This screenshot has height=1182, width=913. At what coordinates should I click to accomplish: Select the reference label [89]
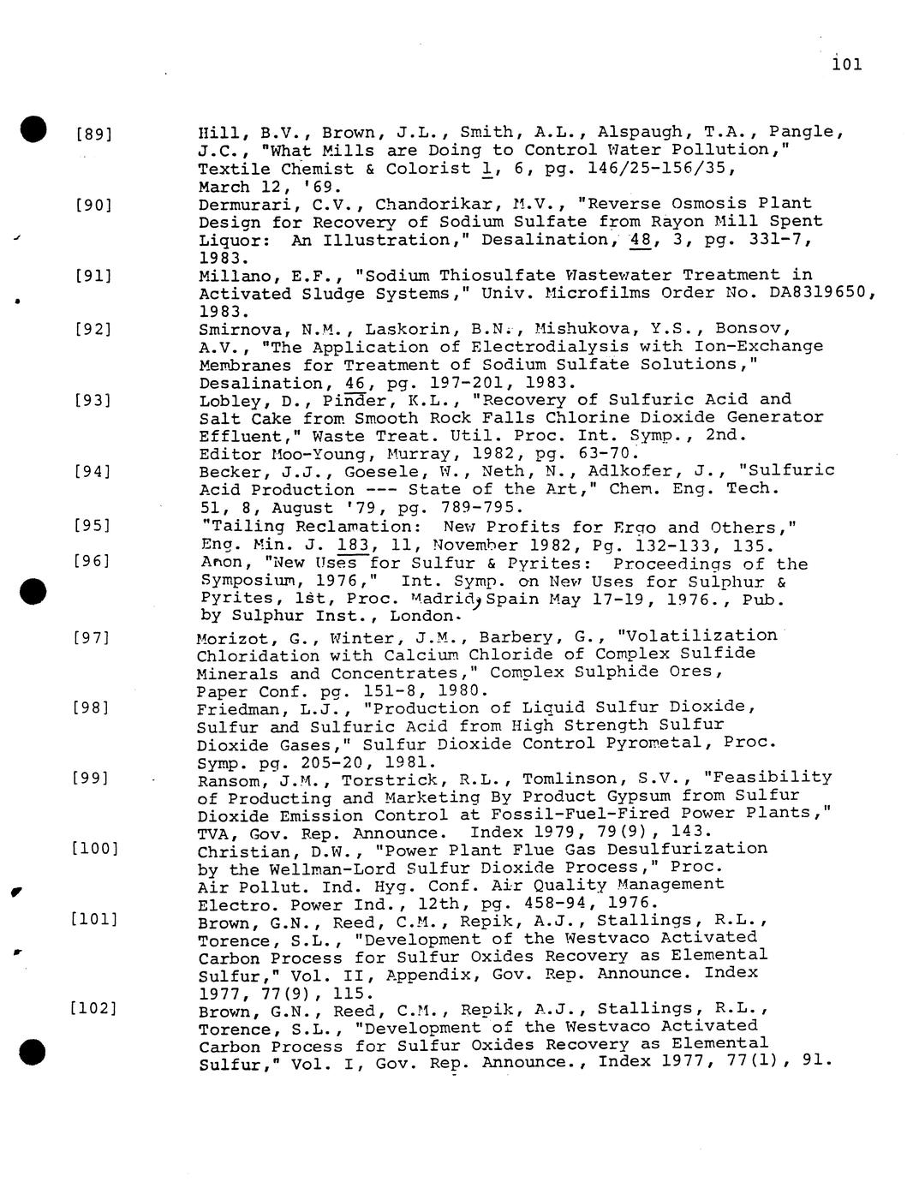94,134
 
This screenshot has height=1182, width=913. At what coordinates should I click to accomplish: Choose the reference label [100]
94,849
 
